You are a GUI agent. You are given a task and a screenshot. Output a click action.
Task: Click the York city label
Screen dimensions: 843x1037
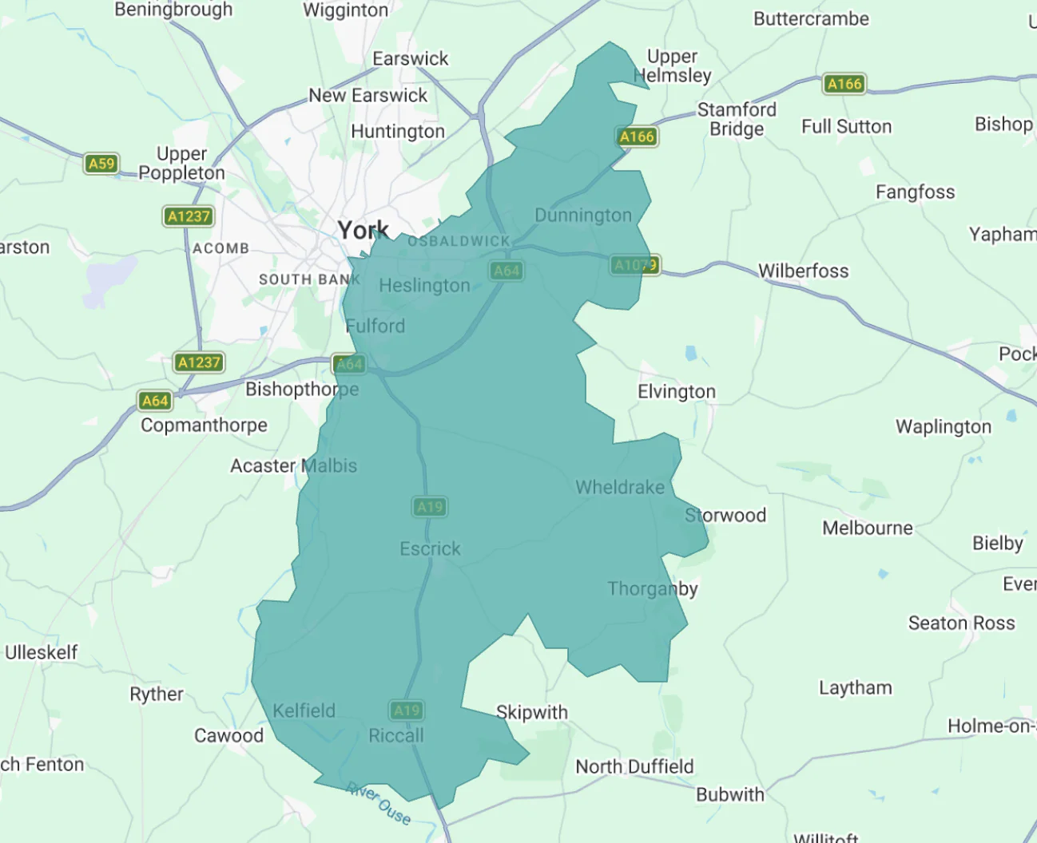point(363,231)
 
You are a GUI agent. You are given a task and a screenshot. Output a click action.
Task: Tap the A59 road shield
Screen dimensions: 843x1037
point(101,164)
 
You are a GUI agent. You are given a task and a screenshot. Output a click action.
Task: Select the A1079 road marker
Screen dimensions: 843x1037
point(636,265)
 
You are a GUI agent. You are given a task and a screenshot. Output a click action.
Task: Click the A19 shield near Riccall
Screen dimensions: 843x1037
point(407,710)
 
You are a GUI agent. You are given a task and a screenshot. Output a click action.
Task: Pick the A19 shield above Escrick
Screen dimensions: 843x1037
point(430,507)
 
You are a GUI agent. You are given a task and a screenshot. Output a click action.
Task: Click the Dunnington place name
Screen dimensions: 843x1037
point(583,216)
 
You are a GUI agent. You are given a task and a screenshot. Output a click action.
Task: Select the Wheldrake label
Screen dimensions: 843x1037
point(620,487)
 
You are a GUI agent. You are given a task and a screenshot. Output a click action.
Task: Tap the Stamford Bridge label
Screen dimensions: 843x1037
point(737,119)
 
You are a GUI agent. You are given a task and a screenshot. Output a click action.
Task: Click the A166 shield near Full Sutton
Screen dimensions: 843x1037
point(844,84)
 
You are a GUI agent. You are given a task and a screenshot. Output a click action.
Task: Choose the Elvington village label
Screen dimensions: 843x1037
point(677,391)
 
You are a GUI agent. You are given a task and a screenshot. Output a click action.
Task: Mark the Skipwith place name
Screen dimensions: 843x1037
point(532,712)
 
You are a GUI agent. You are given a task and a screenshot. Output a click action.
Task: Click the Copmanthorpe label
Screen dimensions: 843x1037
point(205,425)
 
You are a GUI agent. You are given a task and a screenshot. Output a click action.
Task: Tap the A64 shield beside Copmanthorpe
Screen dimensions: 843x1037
point(155,401)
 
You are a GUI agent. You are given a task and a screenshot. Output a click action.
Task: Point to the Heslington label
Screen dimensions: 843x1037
point(424,286)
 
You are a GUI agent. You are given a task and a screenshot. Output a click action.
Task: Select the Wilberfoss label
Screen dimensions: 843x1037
point(803,271)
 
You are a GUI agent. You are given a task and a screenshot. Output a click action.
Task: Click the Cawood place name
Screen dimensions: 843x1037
point(228,735)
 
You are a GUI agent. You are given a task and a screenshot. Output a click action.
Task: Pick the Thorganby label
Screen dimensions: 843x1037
point(653,589)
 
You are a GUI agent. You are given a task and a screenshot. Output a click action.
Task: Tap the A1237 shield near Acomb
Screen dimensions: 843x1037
point(189,216)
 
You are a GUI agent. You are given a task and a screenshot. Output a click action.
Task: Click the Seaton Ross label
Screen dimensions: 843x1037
point(961,623)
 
